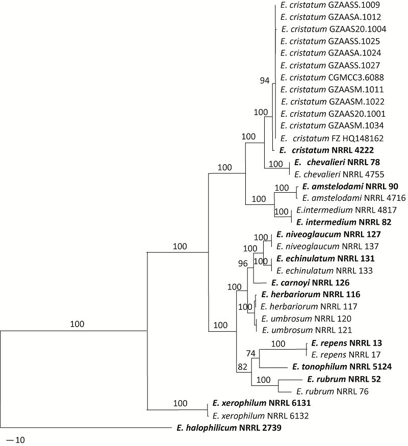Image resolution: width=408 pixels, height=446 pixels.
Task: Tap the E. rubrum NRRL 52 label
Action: [x=344, y=379]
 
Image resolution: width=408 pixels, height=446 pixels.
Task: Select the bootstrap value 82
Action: [x=242, y=365]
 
